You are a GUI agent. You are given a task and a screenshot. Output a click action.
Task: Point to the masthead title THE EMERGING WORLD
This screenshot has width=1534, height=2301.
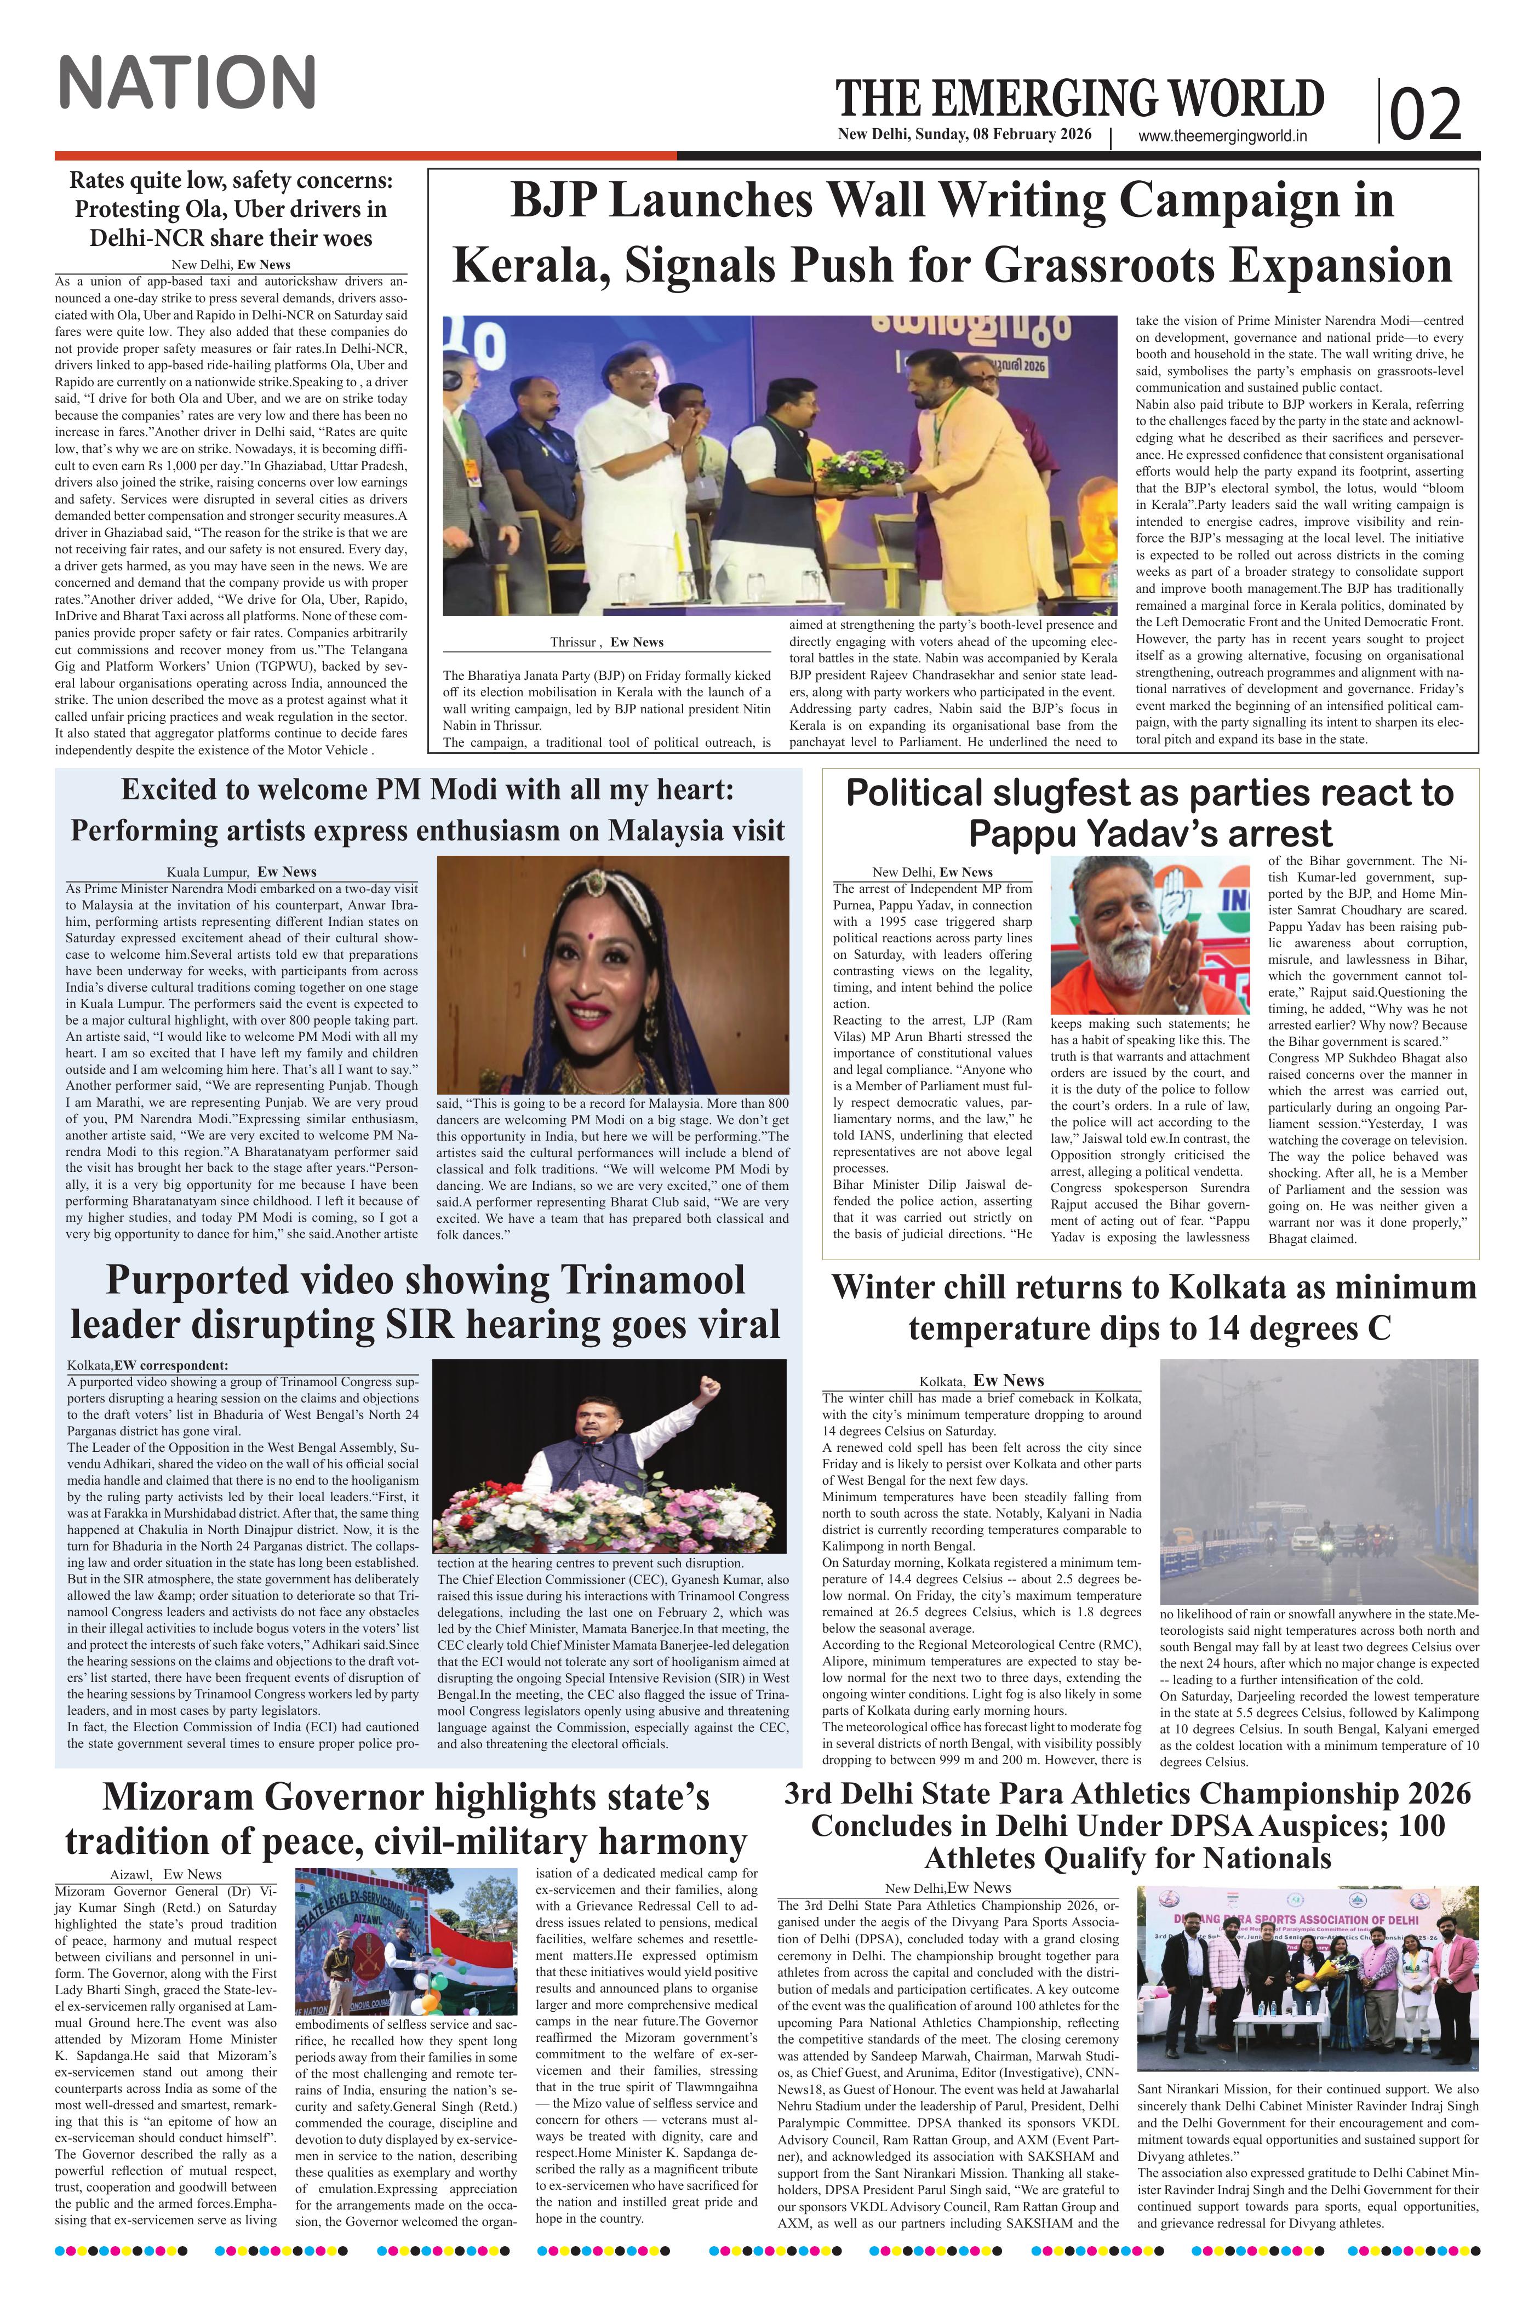(x=1079, y=98)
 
